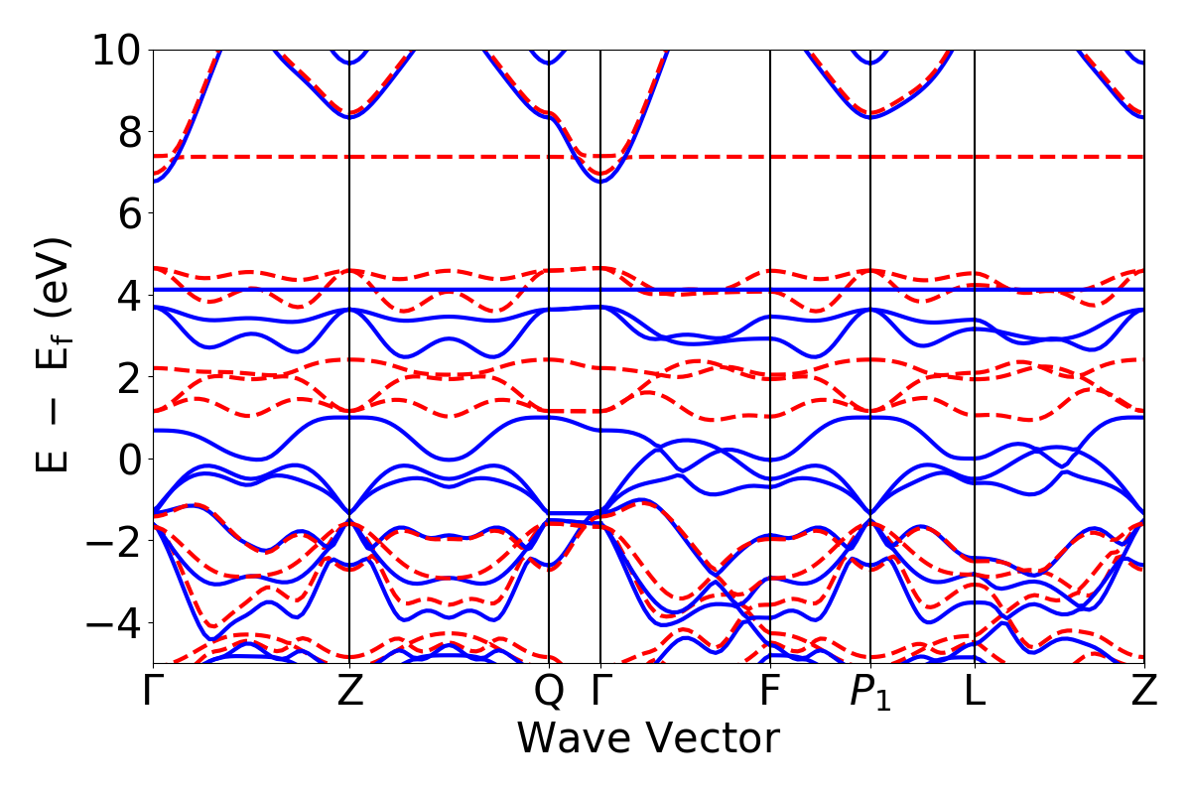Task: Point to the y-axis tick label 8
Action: click(x=125, y=132)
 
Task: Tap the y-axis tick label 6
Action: click(x=125, y=213)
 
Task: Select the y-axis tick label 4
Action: click(x=125, y=296)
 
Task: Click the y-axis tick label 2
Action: click(x=125, y=377)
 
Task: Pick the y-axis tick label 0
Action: click(x=125, y=460)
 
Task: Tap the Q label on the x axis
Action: click(x=549, y=692)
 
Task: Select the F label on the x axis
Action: click(x=770, y=692)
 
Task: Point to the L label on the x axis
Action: click(x=975, y=692)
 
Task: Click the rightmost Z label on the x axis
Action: click(x=1144, y=692)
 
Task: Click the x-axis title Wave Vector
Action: click(x=648, y=739)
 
